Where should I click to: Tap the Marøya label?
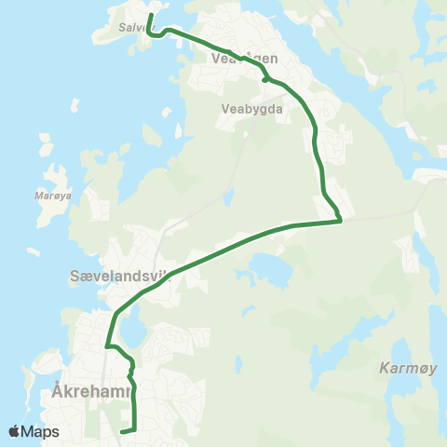tap(47, 196)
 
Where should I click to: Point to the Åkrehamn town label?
tap(85, 392)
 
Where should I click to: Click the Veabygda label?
tap(246, 107)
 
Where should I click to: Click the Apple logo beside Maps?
tap(15, 431)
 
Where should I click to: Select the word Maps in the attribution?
tap(41, 431)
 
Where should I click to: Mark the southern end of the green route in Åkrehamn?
tap(123, 431)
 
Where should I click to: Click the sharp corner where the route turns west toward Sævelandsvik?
tap(341, 221)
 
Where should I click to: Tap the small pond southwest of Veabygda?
tap(226, 198)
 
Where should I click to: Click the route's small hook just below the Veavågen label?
tap(266, 79)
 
